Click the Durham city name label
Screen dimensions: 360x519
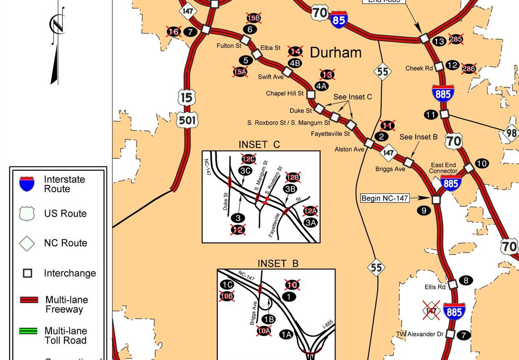[x=336, y=52]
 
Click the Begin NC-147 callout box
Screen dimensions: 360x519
[x=385, y=198]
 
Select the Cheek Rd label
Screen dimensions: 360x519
[x=418, y=68]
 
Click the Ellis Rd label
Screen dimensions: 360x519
[x=435, y=287]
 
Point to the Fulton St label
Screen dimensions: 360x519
[x=229, y=46]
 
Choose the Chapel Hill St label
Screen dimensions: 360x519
[x=285, y=94]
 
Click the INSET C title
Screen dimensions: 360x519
[x=259, y=145]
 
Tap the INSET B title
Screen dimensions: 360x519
[x=278, y=264]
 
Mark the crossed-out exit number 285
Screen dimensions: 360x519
[x=456, y=39]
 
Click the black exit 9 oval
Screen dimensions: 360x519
[x=423, y=211]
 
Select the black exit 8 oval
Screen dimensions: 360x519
[x=466, y=280]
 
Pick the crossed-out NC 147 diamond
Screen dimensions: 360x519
[x=431, y=312]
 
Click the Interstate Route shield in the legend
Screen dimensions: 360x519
[x=27, y=184]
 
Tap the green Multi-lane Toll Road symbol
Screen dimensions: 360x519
[x=28, y=331]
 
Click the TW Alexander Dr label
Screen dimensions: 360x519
[x=419, y=334]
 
